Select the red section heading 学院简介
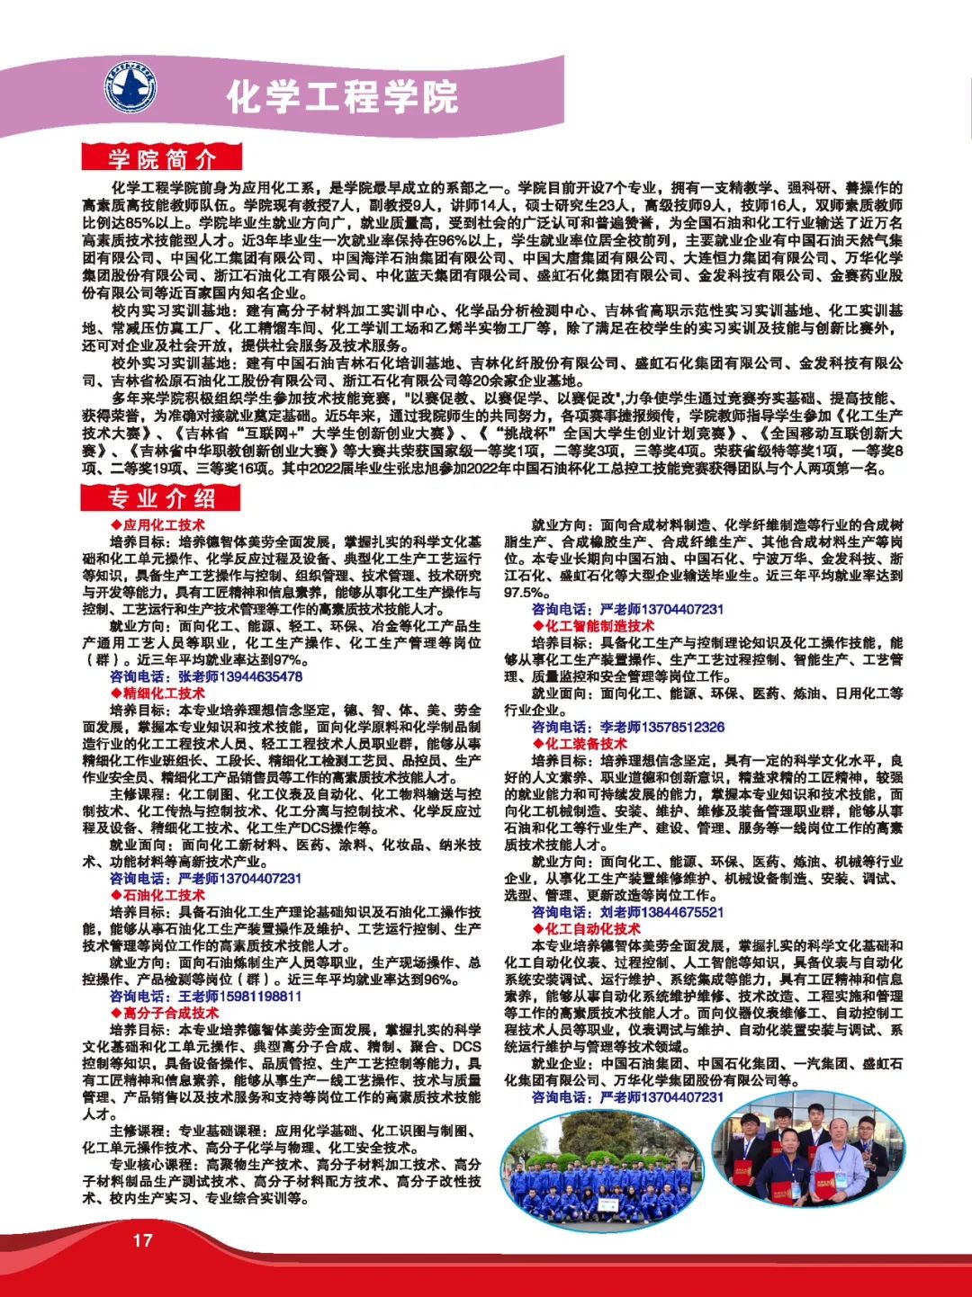coord(162,159)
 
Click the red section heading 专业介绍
coord(162,498)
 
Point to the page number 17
coord(142,1240)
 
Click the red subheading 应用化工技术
coord(163,525)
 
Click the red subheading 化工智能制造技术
coord(598,626)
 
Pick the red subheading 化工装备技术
coord(585,744)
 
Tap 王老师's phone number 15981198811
coord(247,997)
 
